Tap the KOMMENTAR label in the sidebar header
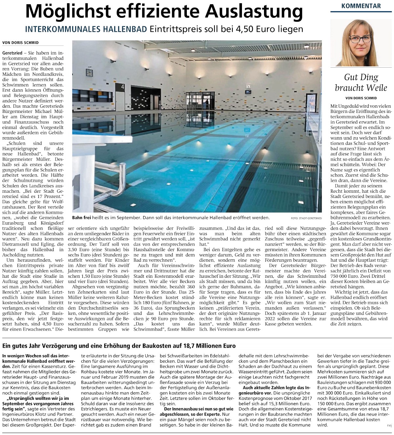pyautogui.click(x=361, y=6)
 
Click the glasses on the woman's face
pyautogui.click(x=360, y=39)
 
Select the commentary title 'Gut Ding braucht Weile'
pyautogui.click(x=361, y=82)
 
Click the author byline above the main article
pyautogui.click(x=20, y=43)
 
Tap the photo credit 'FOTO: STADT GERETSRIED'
pyautogui.click(x=306, y=218)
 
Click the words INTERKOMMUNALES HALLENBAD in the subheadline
pyautogui.click(x=86, y=29)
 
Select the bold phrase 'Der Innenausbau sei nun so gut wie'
pyautogui.click(x=198, y=409)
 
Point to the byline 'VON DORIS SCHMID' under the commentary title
pyautogui.click(x=361, y=98)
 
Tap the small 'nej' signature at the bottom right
pyautogui.click(x=389, y=425)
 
